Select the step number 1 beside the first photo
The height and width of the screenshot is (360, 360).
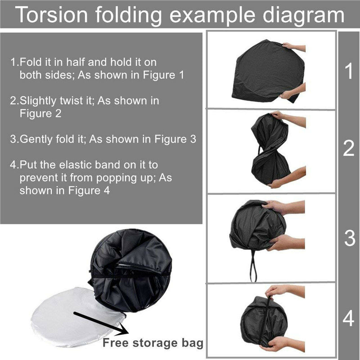point(348,72)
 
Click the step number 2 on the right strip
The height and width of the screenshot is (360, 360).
point(349,149)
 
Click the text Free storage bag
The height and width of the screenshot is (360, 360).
point(153,343)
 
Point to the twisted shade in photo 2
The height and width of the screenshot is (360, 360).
point(270,148)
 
